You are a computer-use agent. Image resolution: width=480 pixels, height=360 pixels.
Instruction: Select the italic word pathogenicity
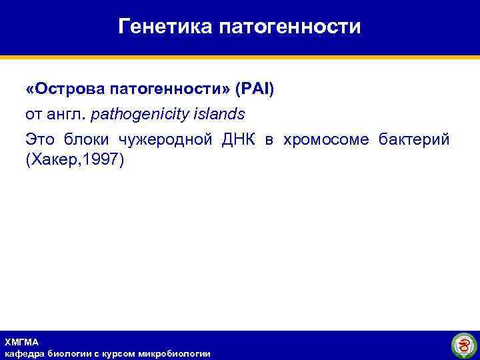139,114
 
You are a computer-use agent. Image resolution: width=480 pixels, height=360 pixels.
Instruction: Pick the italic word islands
219,114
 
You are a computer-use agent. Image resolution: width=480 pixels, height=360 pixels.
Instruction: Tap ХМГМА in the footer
22,342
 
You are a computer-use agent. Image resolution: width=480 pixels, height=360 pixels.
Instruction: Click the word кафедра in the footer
24,353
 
